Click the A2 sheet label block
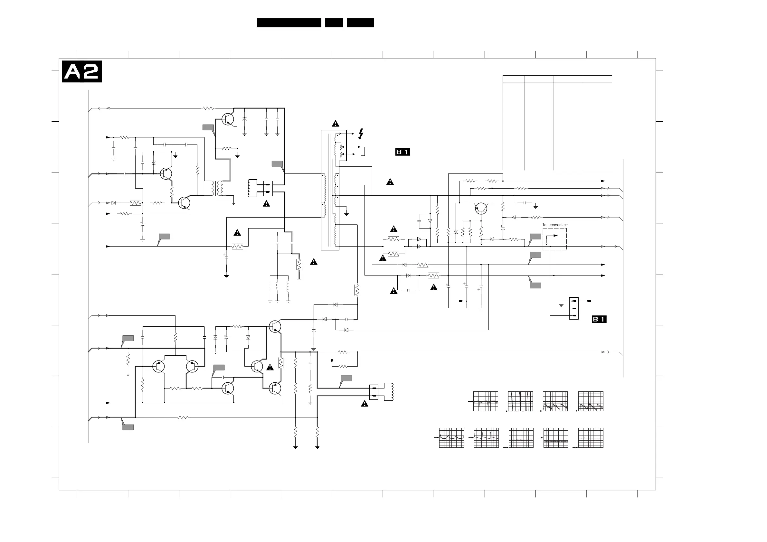(82, 71)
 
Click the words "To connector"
(554, 225)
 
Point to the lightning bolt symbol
(361, 134)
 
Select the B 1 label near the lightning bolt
(402, 152)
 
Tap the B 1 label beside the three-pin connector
(599, 319)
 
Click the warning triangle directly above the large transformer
(336, 124)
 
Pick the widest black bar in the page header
(289, 23)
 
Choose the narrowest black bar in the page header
(334, 23)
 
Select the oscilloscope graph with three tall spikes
(520, 401)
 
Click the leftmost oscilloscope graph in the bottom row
(451, 437)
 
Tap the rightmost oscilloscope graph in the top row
(591, 401)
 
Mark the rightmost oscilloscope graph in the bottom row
(591, 437)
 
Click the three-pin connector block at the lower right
(574, 308)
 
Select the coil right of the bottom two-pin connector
(389, 392)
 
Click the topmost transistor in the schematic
(228, 119)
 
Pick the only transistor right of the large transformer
(481, 208)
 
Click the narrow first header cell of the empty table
(514, 79)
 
